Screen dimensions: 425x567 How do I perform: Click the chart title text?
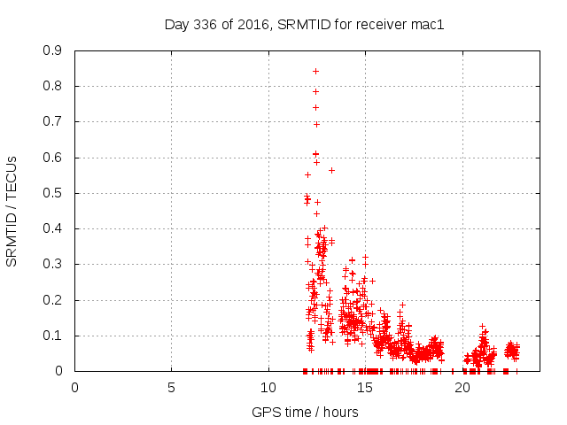click(304, 25)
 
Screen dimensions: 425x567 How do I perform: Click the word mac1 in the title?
click(428, 25)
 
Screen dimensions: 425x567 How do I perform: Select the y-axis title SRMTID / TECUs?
click(12, 211)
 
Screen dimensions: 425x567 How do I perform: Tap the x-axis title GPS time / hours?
click(305, 412)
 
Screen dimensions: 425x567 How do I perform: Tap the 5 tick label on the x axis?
click(172, 388)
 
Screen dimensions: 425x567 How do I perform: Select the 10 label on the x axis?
click(268, 388)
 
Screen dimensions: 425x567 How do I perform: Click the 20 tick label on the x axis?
click(462, 388)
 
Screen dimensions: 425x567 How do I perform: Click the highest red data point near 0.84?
click(315, 71)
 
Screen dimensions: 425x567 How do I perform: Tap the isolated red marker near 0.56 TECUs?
click(331, 170)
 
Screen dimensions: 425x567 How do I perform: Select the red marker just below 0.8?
click(315, 91)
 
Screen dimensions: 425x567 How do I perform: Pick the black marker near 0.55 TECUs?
click(307, 174)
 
